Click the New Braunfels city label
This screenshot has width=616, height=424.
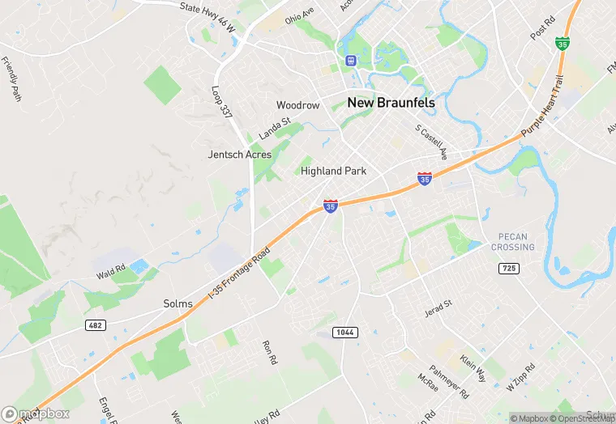[391, 103]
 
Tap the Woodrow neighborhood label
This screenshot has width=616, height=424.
[297, 106]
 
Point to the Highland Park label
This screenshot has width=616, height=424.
[333, 172]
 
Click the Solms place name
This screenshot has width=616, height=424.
[178, 304]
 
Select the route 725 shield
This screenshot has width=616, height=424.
[508, 269]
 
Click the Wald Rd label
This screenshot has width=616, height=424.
[109, 268]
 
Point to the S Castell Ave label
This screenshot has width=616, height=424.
[430, 141]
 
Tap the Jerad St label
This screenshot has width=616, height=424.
[437, 309]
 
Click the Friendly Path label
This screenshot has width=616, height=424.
[11, 78]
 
